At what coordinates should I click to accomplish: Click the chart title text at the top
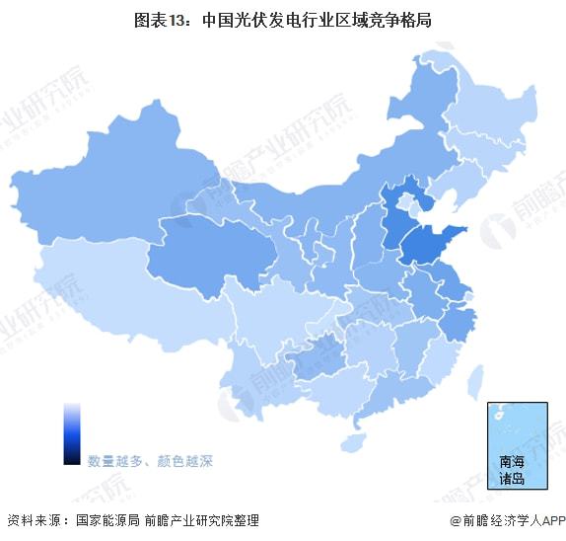pos(283,19)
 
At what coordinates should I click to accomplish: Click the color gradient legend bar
pos(72,433)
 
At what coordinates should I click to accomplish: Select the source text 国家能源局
pos(106,520)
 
